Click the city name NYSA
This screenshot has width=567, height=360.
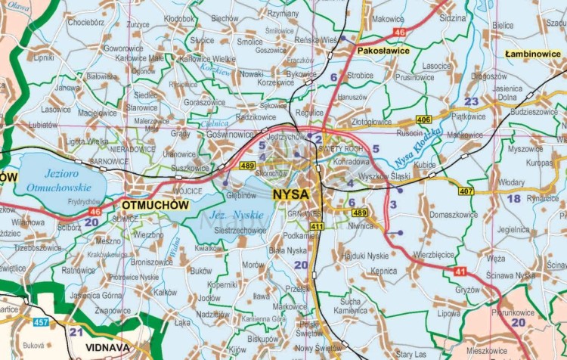pos(290,194)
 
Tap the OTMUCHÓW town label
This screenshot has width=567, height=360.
pos(154,205)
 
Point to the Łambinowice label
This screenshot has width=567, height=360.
pos(534,54)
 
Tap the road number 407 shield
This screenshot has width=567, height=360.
pos(465,191)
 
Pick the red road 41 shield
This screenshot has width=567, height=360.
pos(460,271)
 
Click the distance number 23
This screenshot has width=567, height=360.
pos(471,101)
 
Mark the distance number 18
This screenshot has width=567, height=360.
pos(513,198)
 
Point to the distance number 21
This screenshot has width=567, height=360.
pos(76,331)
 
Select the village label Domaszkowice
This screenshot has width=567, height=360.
pos(453,214)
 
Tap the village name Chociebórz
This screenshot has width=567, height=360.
pos(85,23)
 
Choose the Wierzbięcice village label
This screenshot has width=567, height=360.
pos(434,255)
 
